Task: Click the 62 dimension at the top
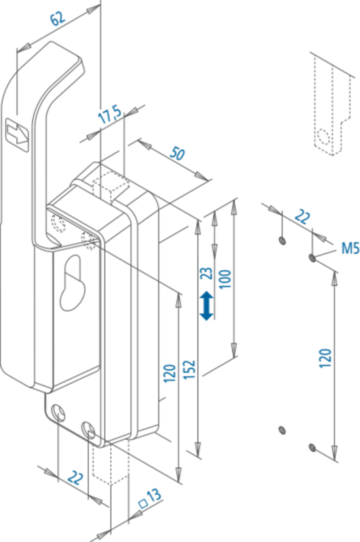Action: (x=58, y=18)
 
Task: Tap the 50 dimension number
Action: (x=177, y=153)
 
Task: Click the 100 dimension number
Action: (x=225, y=279)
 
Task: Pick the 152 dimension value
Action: (x=190, y=370)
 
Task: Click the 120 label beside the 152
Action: (x=169, y=373)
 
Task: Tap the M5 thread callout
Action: (x=351, y=248)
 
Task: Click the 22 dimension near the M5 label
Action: (x=302, y=217)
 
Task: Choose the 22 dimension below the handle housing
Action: (x=75, y=478)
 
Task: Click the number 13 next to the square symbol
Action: (x=154, y=495)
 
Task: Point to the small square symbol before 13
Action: (x=143, y=503)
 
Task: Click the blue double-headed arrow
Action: (x=207, y=306)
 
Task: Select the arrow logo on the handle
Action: (x=18, y=134)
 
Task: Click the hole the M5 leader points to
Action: (x=312, y=257)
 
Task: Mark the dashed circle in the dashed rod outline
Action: (x=323, y=137)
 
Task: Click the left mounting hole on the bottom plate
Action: (x=58, y=413)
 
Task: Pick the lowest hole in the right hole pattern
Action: (x=312, y=448)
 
